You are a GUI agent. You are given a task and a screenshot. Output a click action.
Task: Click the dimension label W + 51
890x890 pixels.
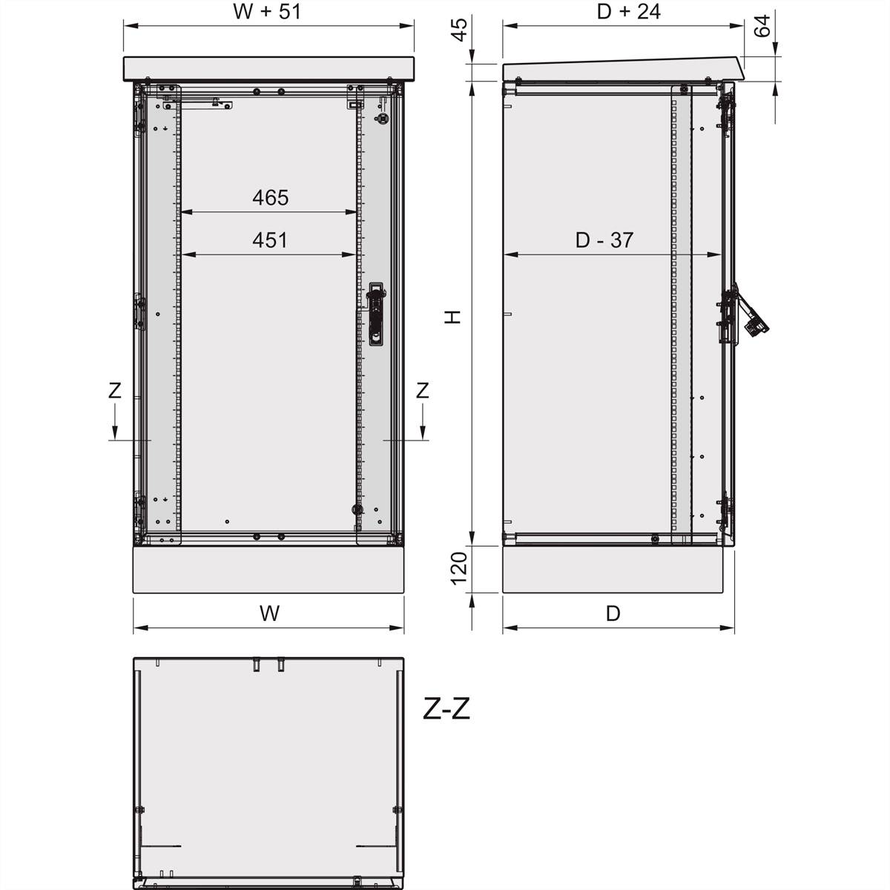click(267, 11)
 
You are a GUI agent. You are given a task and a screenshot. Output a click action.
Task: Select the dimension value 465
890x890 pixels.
click(270, 198)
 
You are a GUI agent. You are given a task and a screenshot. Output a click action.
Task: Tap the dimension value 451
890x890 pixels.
click(270, 240)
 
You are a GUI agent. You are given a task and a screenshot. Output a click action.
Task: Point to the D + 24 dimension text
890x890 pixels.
click(628, 11)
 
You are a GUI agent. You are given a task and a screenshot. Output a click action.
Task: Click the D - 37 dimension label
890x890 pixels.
click(604, 240)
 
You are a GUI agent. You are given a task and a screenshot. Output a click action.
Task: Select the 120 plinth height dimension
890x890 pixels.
click(460, 567)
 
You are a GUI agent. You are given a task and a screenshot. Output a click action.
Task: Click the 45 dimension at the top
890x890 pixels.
click(460, 30)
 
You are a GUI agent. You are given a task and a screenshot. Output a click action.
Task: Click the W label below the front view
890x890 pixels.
click(269, 613)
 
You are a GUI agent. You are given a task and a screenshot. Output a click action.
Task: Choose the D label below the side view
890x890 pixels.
click(613, 613)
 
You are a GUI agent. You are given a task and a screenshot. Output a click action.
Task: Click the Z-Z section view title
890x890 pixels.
click(446, 710)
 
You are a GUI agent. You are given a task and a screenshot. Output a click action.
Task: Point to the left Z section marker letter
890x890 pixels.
click(115, 390)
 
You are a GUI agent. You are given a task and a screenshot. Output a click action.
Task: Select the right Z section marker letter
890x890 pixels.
click(422, 390)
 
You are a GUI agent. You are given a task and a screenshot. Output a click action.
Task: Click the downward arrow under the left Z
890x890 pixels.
click(115, 426)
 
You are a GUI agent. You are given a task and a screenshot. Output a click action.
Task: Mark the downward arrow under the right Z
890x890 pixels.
click(422, 426)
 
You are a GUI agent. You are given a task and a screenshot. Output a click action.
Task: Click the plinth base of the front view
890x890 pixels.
click(268, 570)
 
